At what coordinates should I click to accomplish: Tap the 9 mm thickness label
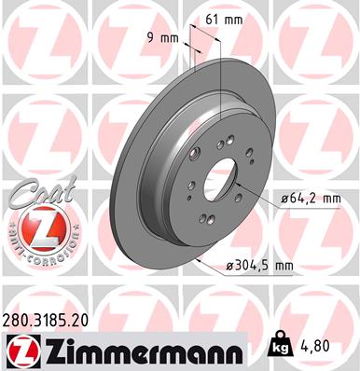click(x=164, y=38)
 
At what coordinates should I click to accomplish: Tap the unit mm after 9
click(x=172, y=38)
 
